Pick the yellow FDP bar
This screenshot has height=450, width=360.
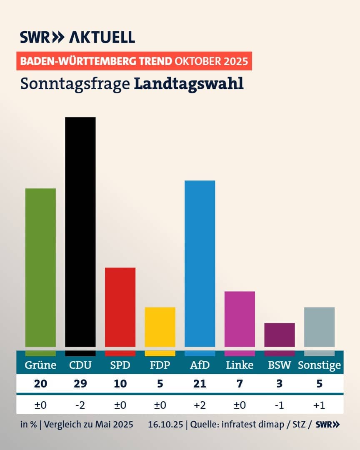(160, 327)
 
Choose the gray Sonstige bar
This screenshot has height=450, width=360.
(319, 327)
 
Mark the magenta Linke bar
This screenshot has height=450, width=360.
(240, 319)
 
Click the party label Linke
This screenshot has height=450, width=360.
(240, 365)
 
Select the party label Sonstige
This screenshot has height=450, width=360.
(319, 365)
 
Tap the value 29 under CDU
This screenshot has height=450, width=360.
(80, 383)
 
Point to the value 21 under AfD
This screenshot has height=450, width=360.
(200, 383)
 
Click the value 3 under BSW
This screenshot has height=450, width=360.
(280, 383)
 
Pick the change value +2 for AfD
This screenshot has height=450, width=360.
(200, 405)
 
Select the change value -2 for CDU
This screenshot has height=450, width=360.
(80, 405)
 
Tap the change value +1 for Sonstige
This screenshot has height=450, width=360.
(319, 405)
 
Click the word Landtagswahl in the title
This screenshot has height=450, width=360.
(189, 83)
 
